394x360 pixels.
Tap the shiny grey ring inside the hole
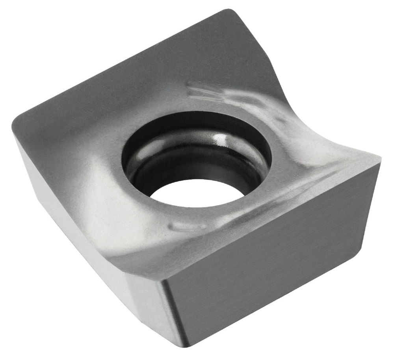pos(236,158)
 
